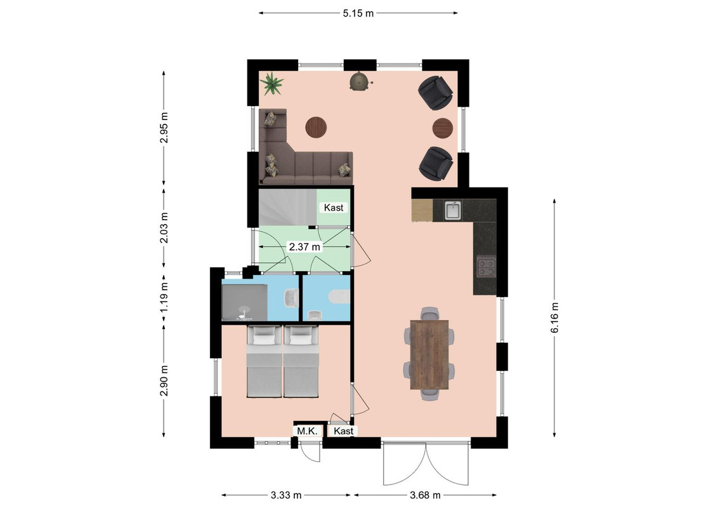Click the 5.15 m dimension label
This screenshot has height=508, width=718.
(358, 13)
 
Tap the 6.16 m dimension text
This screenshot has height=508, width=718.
(554, 317)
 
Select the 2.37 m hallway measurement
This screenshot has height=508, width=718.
(304, 246)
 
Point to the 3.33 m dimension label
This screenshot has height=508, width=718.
(286, 495)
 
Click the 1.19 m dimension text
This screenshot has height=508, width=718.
(164, 296)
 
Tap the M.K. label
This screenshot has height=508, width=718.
(307, 431)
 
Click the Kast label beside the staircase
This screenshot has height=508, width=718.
(334, 208)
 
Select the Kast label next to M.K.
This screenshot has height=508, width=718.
(343, 431)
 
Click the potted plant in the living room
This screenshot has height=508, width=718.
(272, 83)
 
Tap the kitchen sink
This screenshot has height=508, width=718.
(453, 211)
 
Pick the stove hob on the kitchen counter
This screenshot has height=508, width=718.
(486, 267)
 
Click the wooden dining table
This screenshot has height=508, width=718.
(429, 354)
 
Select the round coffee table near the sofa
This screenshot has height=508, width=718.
(316, 127)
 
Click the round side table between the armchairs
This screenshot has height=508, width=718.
(443, 128)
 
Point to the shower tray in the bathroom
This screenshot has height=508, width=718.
(245, 303)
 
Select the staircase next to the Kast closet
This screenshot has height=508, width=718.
(288, 208)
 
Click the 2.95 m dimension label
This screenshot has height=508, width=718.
(164, 128)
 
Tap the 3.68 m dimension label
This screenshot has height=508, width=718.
(426, 495)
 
